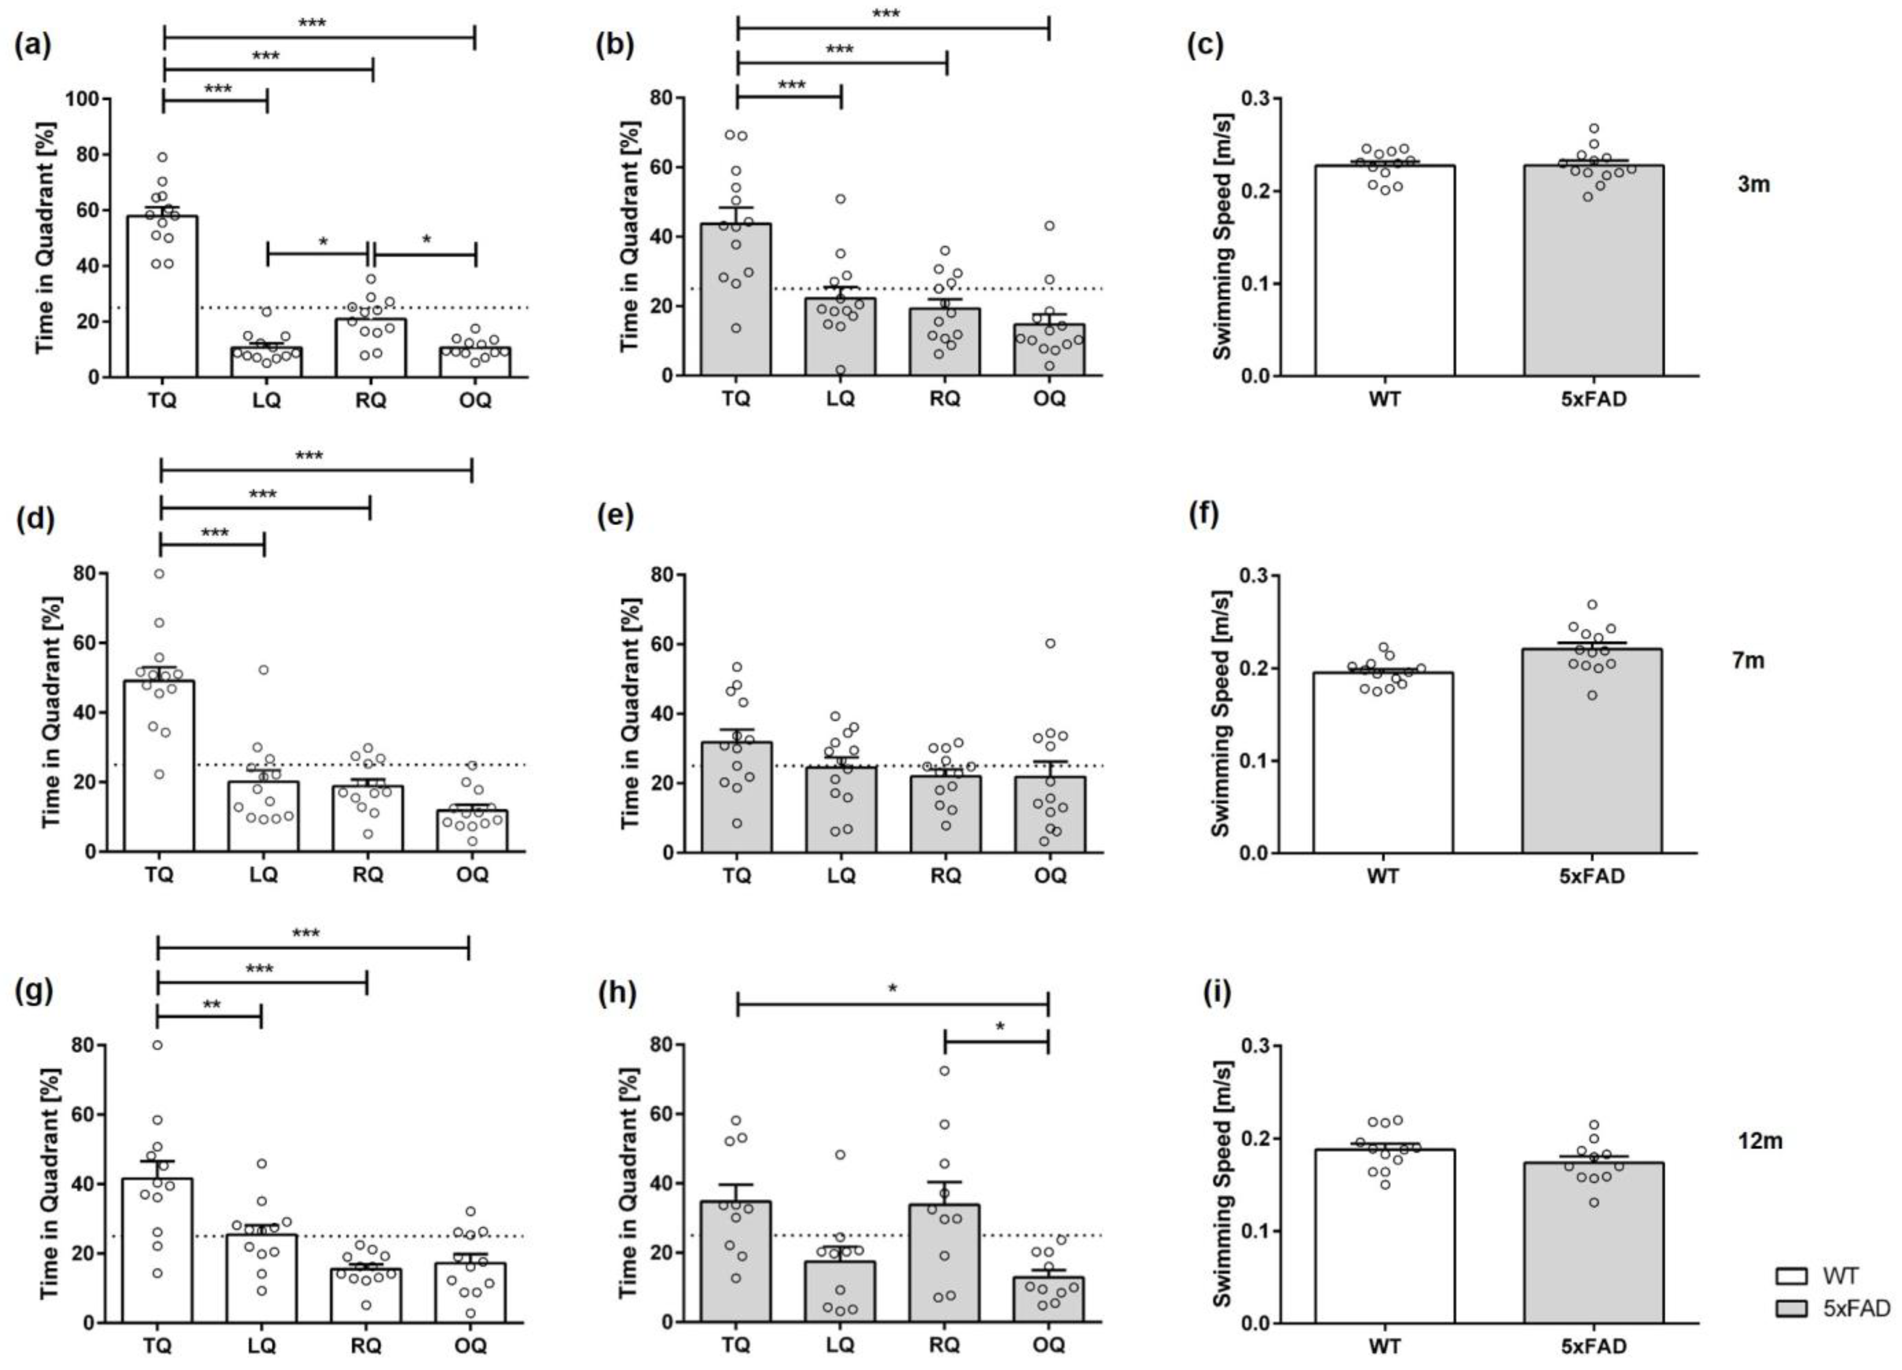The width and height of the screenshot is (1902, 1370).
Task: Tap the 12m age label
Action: [1759, 1141]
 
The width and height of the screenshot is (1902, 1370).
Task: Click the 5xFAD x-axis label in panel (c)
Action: [1593, 399]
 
